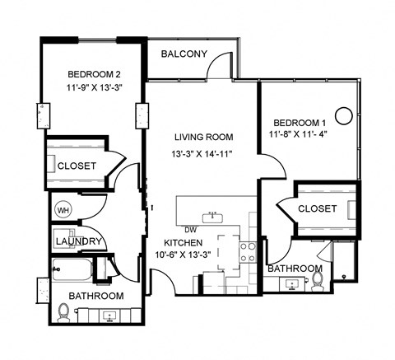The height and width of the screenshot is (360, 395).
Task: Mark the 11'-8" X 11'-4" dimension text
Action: coord(297,133)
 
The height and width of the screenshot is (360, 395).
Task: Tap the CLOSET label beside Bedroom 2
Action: coord(77,166)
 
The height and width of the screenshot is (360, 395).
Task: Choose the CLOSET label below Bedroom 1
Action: coord(317,208)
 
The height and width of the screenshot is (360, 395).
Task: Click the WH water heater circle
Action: coord(63,210)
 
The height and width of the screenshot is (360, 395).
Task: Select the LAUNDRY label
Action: coord(78,241)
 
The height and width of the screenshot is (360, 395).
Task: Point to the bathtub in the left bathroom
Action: coord(71,271)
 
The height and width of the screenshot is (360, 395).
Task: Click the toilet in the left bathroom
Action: coord(65,311)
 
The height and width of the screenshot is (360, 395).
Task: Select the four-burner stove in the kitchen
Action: coord(247,251)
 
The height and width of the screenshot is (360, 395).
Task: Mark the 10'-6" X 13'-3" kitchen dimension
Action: coord(187,255)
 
